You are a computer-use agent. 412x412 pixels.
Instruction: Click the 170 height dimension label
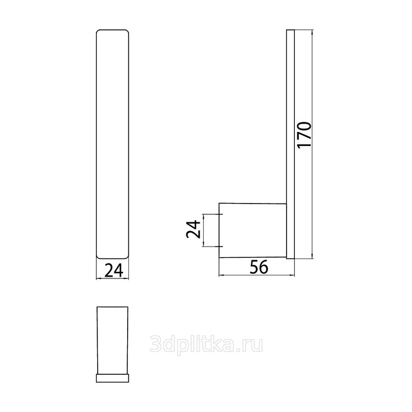click(304, 135)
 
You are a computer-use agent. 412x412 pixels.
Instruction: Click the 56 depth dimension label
click(259, 267)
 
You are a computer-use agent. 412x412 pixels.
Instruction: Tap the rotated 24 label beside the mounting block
click(193, 230)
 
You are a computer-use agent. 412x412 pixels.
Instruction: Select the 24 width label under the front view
click(114, 270)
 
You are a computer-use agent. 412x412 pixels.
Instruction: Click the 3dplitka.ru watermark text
click(206, 344)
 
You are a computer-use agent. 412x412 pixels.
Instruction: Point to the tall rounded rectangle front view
click(112, 144)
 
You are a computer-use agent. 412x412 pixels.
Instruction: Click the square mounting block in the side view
click(252, 230)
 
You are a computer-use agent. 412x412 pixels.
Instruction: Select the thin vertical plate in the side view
click(290, 144)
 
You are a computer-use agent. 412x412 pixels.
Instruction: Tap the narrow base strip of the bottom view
click(112, 378)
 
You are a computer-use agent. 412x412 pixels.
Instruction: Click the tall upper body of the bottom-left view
click(112, 340)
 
